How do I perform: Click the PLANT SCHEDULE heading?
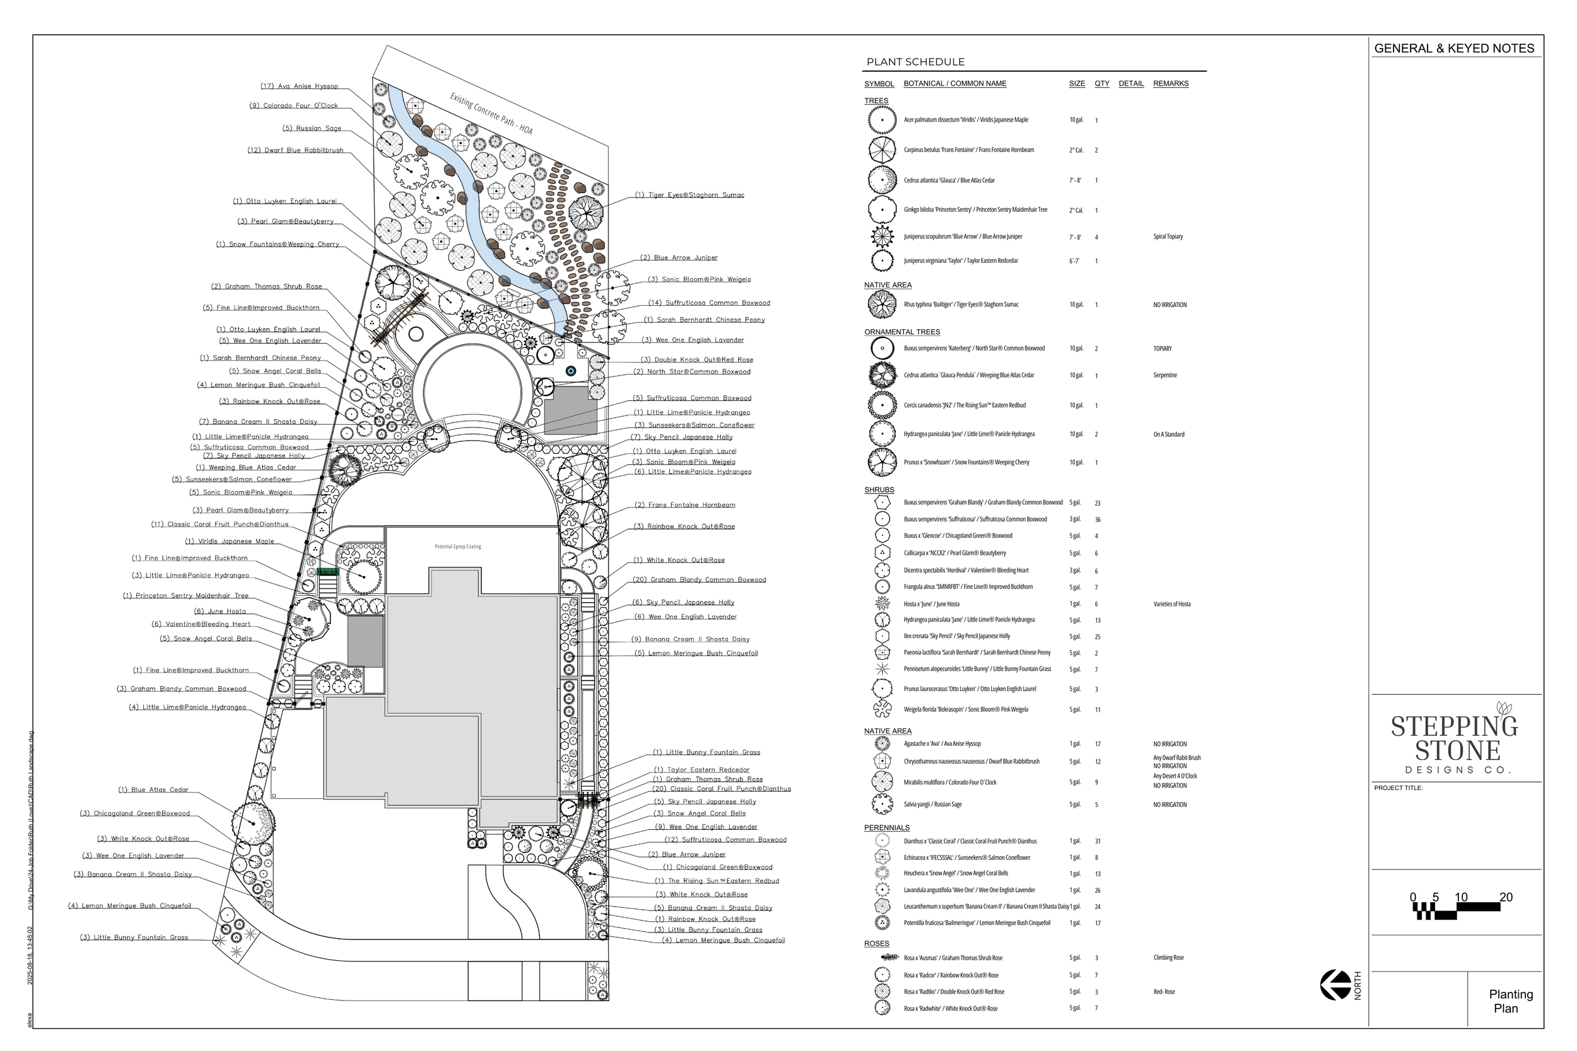pos(915,62)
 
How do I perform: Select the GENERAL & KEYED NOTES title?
pos(1453,49)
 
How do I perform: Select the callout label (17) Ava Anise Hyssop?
pos(299,86)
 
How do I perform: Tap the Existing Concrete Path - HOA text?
pos(491,114)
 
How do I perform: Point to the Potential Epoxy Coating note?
pos(457,546)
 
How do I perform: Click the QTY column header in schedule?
pos(1101,84)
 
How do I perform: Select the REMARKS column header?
pos(1170,84)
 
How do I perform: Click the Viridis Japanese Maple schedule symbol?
pos(882,120)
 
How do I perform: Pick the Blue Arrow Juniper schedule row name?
pos(962,236)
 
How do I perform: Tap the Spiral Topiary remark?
pos(1168,236)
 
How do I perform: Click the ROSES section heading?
pos(876,943)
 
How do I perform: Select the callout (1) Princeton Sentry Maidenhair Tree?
pos(185,595)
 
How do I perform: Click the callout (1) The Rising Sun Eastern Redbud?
pos(717,881)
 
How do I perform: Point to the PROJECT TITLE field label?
pos(1398,787)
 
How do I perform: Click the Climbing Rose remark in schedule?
pos(1168,958)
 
